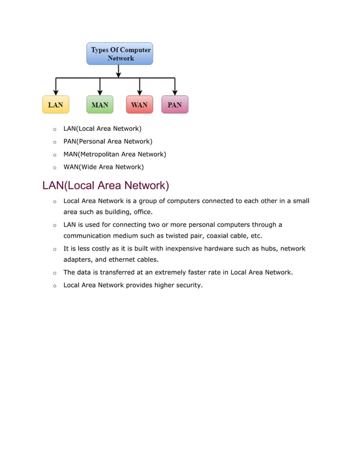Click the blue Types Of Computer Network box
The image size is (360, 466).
tap(120, 54)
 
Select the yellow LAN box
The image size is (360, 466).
tap(55, 104)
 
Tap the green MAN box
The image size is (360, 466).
tap(99, 104)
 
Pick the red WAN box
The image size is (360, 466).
tap(139, 104)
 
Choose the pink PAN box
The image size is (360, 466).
tap(174, 104)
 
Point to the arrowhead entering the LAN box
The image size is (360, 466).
tap(55, 93)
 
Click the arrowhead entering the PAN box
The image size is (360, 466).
tap(174, 93)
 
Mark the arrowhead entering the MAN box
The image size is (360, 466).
tap(100, 93)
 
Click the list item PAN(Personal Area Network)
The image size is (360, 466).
tap(108, 142)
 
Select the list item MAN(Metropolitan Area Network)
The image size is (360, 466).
tap(115, 154)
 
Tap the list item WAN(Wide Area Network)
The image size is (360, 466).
tap(103, 167)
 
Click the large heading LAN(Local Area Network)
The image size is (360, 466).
tap(106, 185)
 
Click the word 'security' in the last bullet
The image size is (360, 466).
tap(186, 285)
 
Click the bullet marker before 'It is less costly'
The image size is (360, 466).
tap(54, 249)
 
